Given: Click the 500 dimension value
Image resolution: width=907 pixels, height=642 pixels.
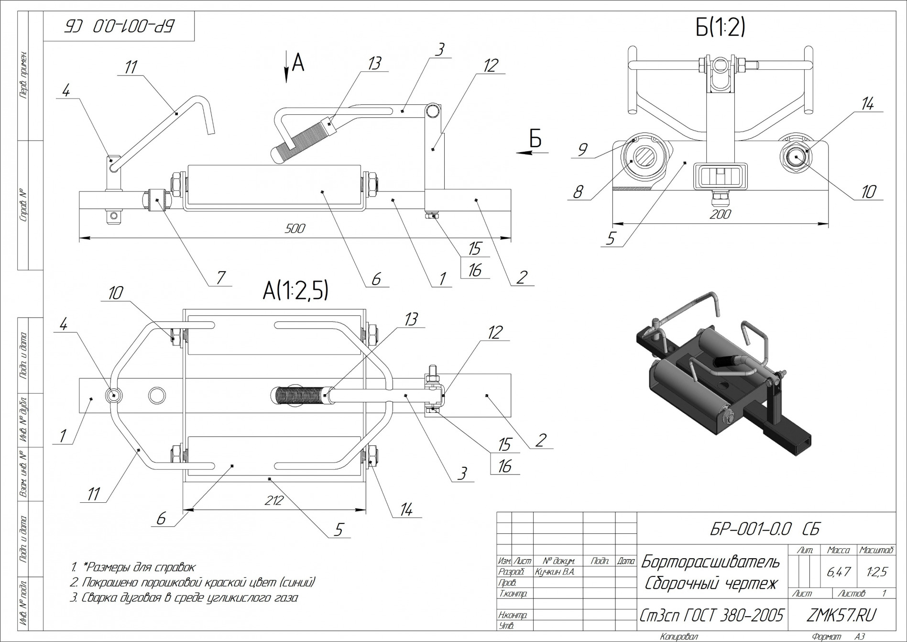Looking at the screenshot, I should pyautogui.click(x=295, y=228).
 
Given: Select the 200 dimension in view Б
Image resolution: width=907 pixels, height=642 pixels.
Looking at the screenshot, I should pyautogui.click(x=720, y=214).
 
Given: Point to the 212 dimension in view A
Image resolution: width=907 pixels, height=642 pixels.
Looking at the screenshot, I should pyautogui.click(x=274, y=500).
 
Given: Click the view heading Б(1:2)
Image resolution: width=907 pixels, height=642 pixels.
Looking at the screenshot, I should pyautogui.click(x=720, y=28).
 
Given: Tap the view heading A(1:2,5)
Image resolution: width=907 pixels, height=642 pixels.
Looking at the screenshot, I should pyautogui.click(x=295, y=290).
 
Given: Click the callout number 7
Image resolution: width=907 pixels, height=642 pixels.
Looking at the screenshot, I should pyautogui.click(x=221, y=277).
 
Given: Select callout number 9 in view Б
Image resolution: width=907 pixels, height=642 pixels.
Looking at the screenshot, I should pyautogui.click(x=582, y=150).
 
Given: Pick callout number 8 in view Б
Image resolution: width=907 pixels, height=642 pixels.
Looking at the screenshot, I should pyautogui.click(x=578, y=192).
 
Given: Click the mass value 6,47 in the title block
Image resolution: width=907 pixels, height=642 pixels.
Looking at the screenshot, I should pyautogui.click(x=838, y=571).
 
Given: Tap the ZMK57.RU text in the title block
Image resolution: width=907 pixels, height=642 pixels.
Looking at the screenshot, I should pyautogui.click(x=841, y=615).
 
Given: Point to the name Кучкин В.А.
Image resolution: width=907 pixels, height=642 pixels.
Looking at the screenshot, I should pyautogui.click(x=555, y=572).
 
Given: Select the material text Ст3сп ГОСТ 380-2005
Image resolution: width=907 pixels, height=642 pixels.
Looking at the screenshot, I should pyautogui.click(x=711, y=615).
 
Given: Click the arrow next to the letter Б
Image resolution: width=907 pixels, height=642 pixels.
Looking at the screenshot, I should pyautogui.click(x=531, y=153).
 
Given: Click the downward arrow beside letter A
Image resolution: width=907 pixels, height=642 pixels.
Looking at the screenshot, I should pyautogui.click(x=286, y=67).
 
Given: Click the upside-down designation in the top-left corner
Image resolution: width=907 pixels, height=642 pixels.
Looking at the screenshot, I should pyautogui.click(x=119, y=26).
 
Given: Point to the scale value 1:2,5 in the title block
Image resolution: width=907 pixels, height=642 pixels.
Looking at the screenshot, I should pyautogui.click(x=876, y=571).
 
